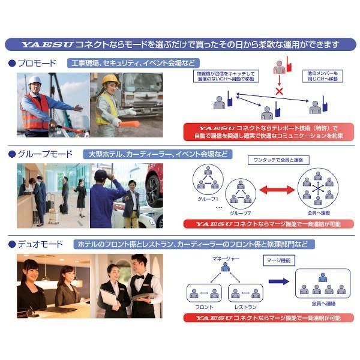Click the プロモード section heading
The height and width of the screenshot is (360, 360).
pos(37,63)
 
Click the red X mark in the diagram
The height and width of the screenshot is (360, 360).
pos(278,91)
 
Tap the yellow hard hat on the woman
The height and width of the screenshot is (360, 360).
pos(110,79)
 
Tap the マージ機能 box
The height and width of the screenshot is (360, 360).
pos(278,260)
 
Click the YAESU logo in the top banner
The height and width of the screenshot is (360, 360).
pos(46,44)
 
